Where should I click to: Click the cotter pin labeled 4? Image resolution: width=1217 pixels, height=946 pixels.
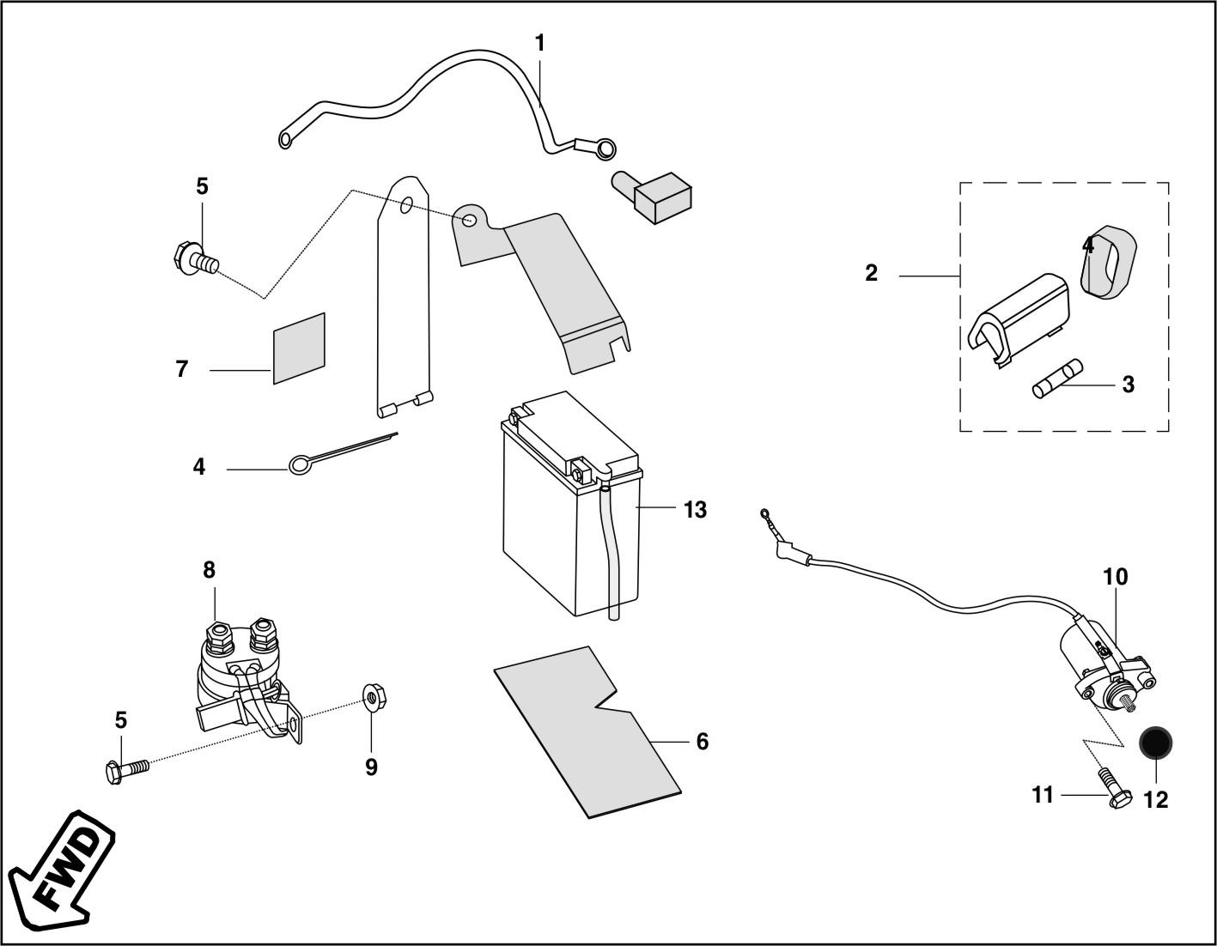(343, 453)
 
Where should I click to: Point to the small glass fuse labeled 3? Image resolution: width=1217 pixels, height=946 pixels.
(1057, 379)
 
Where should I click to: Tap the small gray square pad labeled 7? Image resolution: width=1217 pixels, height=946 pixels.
(299, 349)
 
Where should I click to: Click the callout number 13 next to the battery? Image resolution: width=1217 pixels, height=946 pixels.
(695, 510)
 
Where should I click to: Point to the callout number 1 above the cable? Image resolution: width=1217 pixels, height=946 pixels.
(540, 43)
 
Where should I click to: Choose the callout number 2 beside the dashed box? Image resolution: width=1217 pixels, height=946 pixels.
(871, 273)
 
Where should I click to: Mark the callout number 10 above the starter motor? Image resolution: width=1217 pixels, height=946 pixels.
(1116, 577)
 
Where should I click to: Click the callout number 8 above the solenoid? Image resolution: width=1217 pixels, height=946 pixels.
(209, 570)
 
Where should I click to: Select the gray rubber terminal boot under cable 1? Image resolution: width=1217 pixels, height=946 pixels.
(652, 196)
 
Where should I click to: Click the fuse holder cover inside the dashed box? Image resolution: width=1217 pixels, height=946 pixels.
(1019, 320)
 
